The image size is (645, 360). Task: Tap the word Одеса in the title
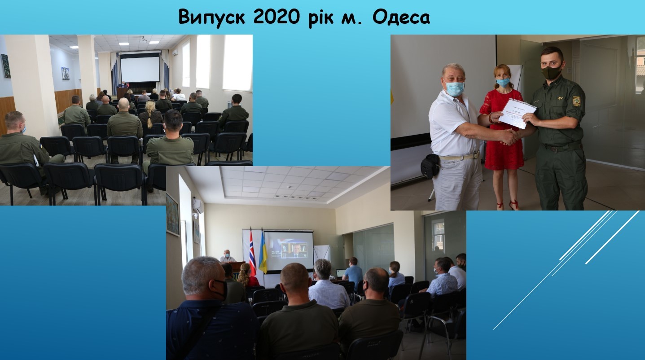pyautogui.click(x=401, y=17)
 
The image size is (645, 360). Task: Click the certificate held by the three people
pyautogui.click(x=517, y=113)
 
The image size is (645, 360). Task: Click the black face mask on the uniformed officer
pyautogui.click(x=551, y=71)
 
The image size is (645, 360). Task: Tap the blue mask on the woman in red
pyautogui.click(x=503, y=82)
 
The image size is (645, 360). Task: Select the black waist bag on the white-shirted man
pyautogui.click(x=430, y=166)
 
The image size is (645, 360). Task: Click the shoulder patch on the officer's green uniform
pyautogui.click(x=576, y=101)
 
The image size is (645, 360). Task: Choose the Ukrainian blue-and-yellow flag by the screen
pyautogui.click(x=263, y=252)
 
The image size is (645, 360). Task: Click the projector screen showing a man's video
pyautogui.click(x=289, y=250)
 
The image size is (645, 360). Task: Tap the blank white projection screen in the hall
pyautogui.click(x=140, y=69)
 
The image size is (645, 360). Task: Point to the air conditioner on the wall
pyautogui.click(x=198, y=205)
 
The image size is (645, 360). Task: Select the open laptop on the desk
pyautogui.click(x=341, y=273)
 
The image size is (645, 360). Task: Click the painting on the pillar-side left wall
pyautogui.click(x=6, y=66)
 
